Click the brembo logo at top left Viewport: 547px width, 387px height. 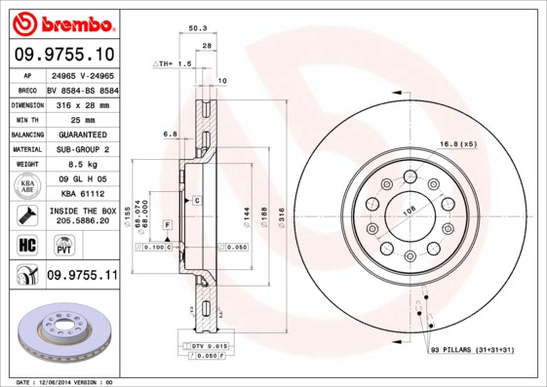64,21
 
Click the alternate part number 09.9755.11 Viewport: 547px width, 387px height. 82,276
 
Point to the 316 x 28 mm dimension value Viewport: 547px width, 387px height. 82,103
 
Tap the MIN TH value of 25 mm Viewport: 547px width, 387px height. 82,119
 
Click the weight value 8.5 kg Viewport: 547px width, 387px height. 82,165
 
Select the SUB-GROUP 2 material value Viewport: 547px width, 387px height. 82,149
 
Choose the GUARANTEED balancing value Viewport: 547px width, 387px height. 82,134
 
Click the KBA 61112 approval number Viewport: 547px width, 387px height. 82,195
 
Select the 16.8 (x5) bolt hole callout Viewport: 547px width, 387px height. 457,144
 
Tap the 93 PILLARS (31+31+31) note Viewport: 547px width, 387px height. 472,349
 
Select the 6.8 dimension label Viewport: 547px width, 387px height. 171,133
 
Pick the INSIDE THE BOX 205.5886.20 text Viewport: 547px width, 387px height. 82,215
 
